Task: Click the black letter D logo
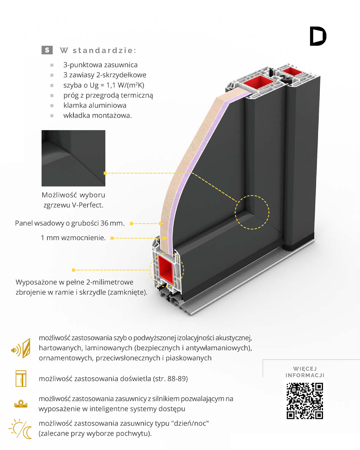click(318, 36)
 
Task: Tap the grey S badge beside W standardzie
click(47, 50)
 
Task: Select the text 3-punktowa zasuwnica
click(100, 65)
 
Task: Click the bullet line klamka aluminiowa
click(95, 105)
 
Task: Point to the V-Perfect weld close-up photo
click(73, 158)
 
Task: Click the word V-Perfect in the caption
click(88, 205)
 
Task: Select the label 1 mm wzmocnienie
click(73, 238)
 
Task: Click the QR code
click(305, 401)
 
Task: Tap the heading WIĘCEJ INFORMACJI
click(305, 372)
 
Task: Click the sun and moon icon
click(20, 428)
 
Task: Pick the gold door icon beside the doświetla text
click(21, 378)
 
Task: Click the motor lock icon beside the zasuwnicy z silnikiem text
click(21, 404)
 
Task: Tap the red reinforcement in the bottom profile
click(166, 270)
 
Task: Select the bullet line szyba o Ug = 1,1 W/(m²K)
click(104, 85)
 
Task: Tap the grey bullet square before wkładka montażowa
click(52, 116)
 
